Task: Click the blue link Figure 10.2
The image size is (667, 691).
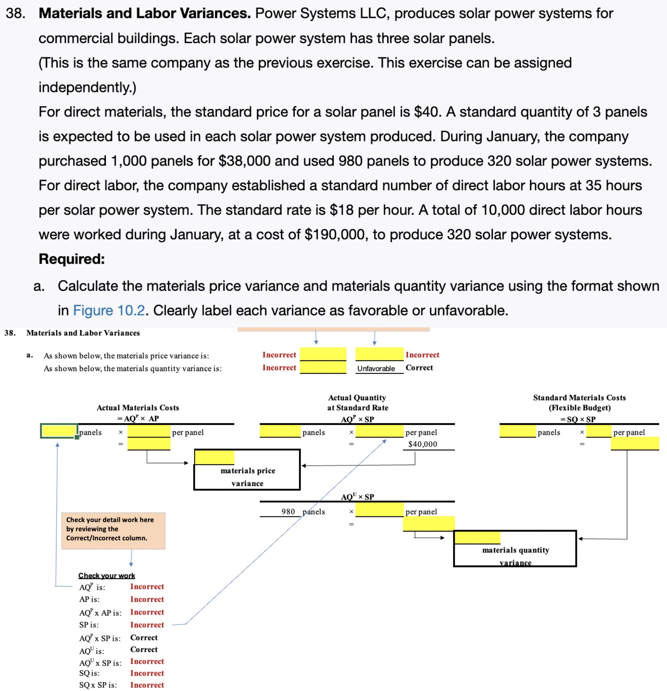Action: pos(108,311)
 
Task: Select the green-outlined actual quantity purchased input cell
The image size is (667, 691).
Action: pos(59,431)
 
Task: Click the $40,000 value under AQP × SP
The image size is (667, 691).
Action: pos(423,444)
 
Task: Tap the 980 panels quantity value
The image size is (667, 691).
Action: pos(288,512)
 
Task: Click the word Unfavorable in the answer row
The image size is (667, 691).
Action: pos(376,368)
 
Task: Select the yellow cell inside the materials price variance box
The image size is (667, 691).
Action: pos(214,458)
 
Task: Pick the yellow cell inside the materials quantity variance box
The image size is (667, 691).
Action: pos(477,538)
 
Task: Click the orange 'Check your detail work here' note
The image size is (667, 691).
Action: pos(113,529)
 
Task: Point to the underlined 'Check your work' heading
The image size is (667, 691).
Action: pos(107,576)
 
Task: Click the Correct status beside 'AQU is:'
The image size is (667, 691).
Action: pos(144,649)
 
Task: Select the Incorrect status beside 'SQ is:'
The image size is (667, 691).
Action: pos(147,673)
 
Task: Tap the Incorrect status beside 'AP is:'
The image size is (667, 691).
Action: pos(147,599)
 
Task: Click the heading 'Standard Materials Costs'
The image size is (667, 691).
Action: pos(579,398)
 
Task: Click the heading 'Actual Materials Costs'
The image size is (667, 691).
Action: pos(138,408)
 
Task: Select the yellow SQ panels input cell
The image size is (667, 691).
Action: pos(517,431)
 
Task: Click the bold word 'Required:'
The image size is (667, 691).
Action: pos(72,259)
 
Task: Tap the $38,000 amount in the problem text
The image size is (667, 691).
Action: pos(244,161)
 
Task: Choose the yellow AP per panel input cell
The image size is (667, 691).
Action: pos(149,431)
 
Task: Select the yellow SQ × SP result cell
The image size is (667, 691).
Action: pos(635,444)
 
